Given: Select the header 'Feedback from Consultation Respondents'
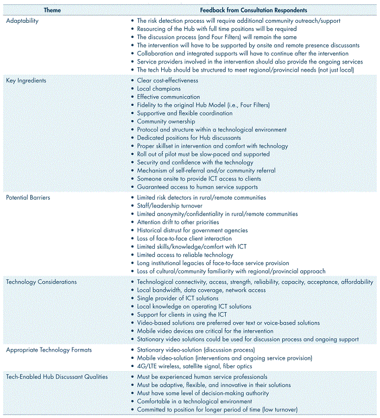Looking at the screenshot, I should click(x=253, y=10).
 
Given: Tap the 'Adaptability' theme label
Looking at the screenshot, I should click(x=23, y=21).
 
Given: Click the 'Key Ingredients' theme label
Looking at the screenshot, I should click(x=26, y=80).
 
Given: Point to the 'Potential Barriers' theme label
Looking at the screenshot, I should click(x=28, y=198).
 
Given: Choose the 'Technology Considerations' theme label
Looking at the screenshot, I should click(x=41, y=282).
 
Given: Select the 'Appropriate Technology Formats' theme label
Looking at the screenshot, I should click(x=49, y=350).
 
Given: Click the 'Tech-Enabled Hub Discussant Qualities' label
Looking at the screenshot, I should click(x=57, y=376).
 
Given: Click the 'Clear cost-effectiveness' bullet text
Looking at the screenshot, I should click(x=168, y=80).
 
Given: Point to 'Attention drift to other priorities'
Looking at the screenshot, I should click(x=178, y=222).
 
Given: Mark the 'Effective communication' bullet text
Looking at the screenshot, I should click(x=168, y=97).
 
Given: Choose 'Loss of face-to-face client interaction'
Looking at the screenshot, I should click(x=185, y=238).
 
